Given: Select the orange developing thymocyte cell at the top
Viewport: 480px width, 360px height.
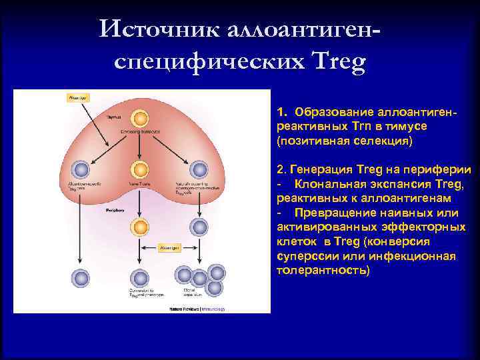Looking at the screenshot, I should pyautogui.click(x=140, y=119).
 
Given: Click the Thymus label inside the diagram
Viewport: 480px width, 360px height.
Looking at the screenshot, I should pyautogui.click(x=99, y=116).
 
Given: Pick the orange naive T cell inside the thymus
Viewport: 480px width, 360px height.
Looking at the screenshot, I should pyautogui.click(x=139, y=169).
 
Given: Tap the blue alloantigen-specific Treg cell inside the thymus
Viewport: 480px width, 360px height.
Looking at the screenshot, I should pyautogui.click(x=81, y=169).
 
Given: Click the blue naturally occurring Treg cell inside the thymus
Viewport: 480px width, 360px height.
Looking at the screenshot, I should pyautogui.click(x=199, y=169).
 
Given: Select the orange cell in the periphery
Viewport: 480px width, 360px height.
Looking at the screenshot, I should pyautogui.click(x=139, y=227).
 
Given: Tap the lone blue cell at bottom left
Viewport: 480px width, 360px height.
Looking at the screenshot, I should pyautogui.click(x=81, y=278).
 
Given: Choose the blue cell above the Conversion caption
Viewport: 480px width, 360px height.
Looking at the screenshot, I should pyautogui.click(x=139, y=278).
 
